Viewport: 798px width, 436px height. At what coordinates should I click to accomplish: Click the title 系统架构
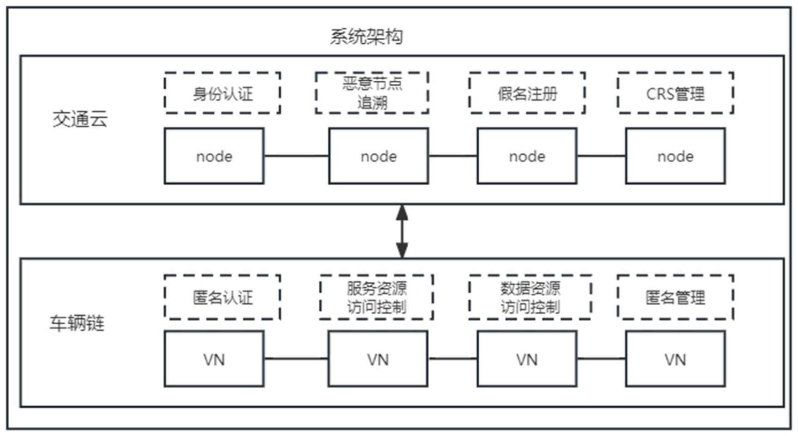(366, 37)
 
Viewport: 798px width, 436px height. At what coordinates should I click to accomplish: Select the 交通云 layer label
(80, 119)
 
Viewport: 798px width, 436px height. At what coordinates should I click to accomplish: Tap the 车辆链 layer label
(77, 323)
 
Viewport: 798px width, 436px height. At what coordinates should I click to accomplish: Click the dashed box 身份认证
(222, 93)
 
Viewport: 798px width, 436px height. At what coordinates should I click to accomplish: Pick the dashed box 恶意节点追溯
(372, 93)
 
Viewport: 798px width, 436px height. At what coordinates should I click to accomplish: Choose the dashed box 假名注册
(527, 93)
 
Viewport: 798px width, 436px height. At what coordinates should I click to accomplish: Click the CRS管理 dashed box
(675, 93)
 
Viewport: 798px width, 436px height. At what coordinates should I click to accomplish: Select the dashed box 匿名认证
(222, 297)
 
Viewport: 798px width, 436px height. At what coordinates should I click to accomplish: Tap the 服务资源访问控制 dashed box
(376, 297)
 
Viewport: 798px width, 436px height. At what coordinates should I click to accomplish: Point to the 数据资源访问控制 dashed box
(530, 297)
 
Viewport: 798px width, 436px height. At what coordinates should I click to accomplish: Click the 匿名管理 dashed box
(675, 297)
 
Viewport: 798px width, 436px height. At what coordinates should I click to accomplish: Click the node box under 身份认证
(214, 156)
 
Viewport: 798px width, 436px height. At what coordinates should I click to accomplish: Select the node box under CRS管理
(675, 156)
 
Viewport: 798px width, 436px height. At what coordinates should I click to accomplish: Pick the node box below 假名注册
(527, 156)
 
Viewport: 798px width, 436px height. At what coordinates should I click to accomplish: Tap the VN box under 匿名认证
(214, 359)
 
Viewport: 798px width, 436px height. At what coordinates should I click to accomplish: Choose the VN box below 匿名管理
(675, 359)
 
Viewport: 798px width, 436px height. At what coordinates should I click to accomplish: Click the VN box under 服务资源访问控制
(378, 359)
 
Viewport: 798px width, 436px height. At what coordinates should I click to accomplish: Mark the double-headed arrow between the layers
(402, 231)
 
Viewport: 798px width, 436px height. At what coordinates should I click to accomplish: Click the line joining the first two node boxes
(296, 156)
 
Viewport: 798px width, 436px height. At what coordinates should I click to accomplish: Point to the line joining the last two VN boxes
(601, 358)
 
